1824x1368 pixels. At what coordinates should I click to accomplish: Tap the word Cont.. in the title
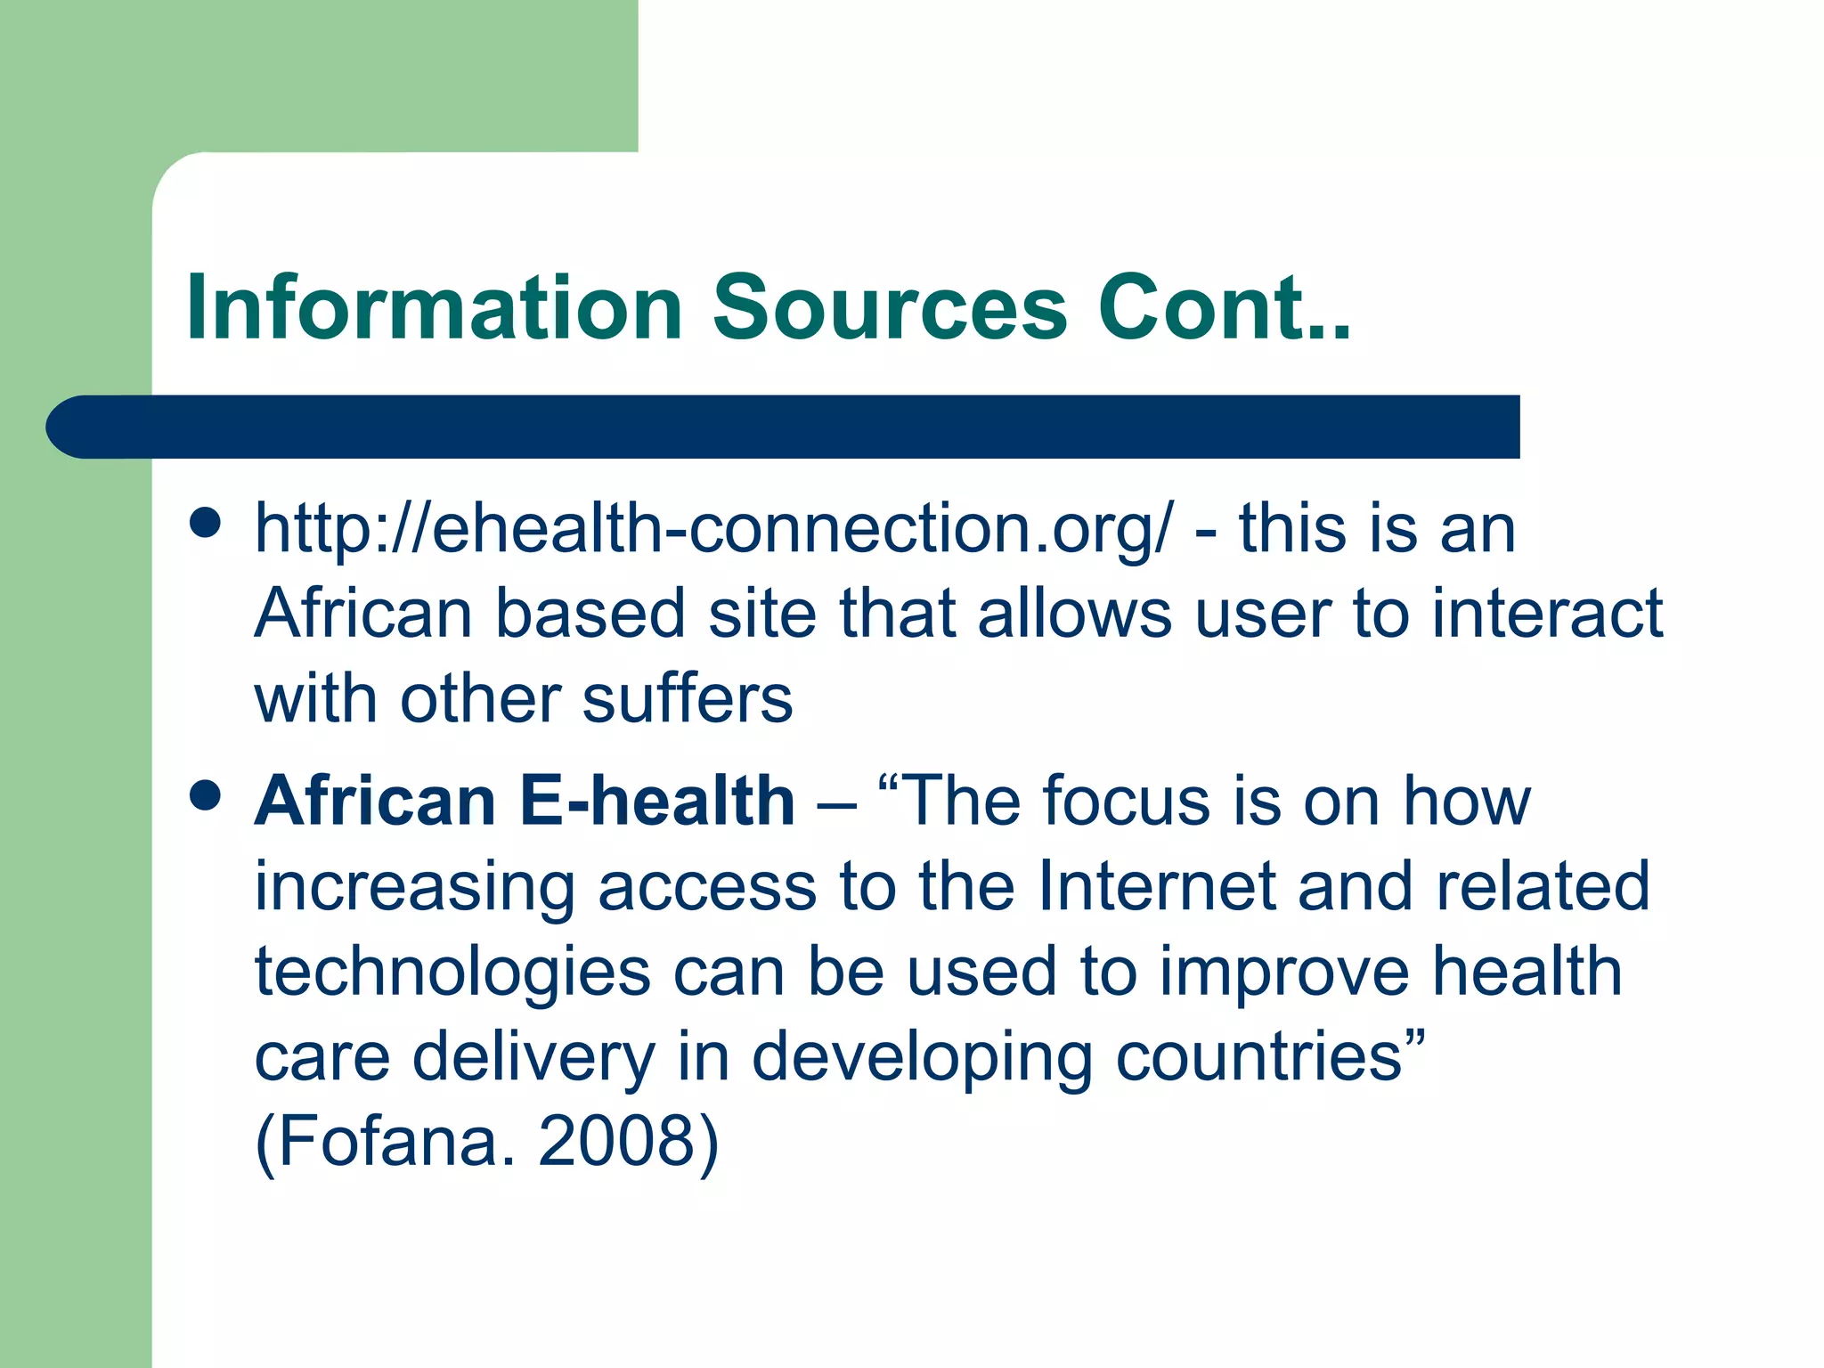coord(1224,308)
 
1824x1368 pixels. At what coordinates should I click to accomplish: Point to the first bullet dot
coord(206,524)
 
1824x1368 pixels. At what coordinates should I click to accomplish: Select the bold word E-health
coord(656,801)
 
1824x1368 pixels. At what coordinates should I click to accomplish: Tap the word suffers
coord(687,699)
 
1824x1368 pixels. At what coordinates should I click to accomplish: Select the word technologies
coord(452,973)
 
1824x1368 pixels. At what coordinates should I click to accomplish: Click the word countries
coord(1259,1056)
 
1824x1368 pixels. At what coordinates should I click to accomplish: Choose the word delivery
coord(533,1058)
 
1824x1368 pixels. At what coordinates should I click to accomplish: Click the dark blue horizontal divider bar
coord(784,427)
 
